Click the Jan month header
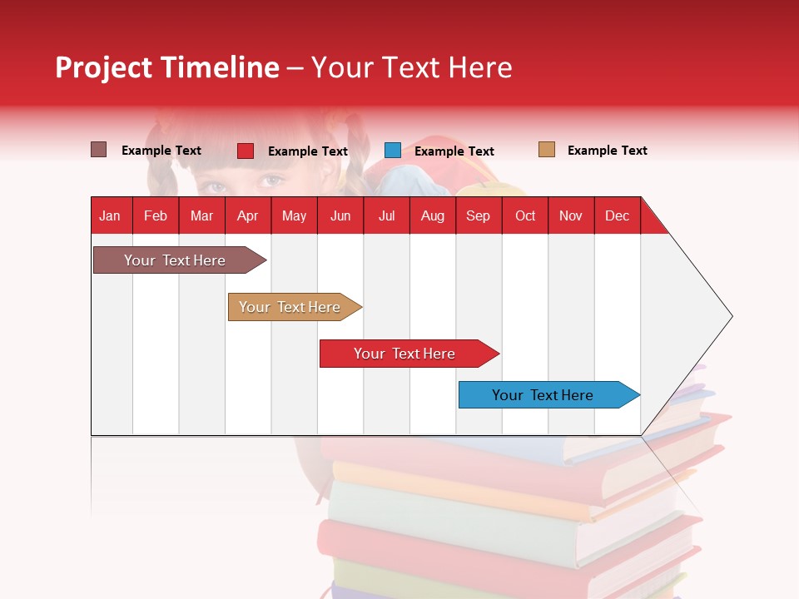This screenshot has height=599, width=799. click(110, 215)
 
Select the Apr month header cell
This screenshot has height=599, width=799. click(247, 215)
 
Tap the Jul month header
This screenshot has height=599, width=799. click(386, 215)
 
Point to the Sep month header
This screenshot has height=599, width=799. click(478, 215)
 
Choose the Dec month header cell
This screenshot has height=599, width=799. click(617, 215)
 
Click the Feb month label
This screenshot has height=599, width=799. click(156, 215)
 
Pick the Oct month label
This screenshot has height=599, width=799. click(525, 215)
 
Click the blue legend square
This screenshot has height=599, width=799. click(393, 151)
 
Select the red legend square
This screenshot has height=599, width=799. click(246, 151)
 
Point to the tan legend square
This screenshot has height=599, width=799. click(547, 150)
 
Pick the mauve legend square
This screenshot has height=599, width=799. click(99, 150)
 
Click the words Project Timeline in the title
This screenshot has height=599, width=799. click(167, 67)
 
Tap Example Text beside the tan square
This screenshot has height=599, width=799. click(607, 151)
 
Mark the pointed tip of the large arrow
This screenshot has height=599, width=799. click(731, 316)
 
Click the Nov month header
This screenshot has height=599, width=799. click(571, 215)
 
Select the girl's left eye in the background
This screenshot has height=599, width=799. click(271, 180)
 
